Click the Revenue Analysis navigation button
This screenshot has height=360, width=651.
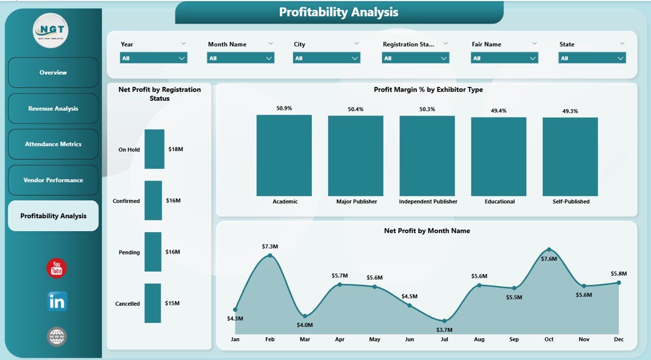click(x=53, y=108)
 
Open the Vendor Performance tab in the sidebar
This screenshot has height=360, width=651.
click(x=53, y=180)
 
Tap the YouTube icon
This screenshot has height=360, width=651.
click(x=56, y=268)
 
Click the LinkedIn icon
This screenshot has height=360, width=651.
click(x=56, y=302)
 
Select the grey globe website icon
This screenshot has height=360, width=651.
click(x=56, y=337)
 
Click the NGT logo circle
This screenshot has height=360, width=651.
click(x=50, y=31)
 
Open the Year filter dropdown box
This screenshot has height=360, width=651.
click(x=154, y=58)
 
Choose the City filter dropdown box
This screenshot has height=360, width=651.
click(x=327, y=58)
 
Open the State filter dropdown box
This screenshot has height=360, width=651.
click(x=592, y=58)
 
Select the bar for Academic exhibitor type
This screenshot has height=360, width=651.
click(x=284, y=155)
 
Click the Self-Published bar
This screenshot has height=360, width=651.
click(x=570, y=157)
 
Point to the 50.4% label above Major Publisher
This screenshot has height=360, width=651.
click(x=356, y=109)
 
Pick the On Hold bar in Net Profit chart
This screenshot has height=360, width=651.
click(x=154, y=149)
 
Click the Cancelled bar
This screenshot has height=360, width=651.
click(x=153, y=303)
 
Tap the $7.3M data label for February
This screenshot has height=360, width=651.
click(x=270, y=247)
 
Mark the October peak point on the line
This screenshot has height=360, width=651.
click(x=549, y=250)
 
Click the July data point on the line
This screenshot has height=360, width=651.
click(x=445, y=321)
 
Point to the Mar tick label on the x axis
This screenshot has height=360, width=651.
click(x=305, y=339)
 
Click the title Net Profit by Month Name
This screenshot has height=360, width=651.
click(x=427, y=231)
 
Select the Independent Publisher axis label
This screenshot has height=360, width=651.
click(x=428, y=201)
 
